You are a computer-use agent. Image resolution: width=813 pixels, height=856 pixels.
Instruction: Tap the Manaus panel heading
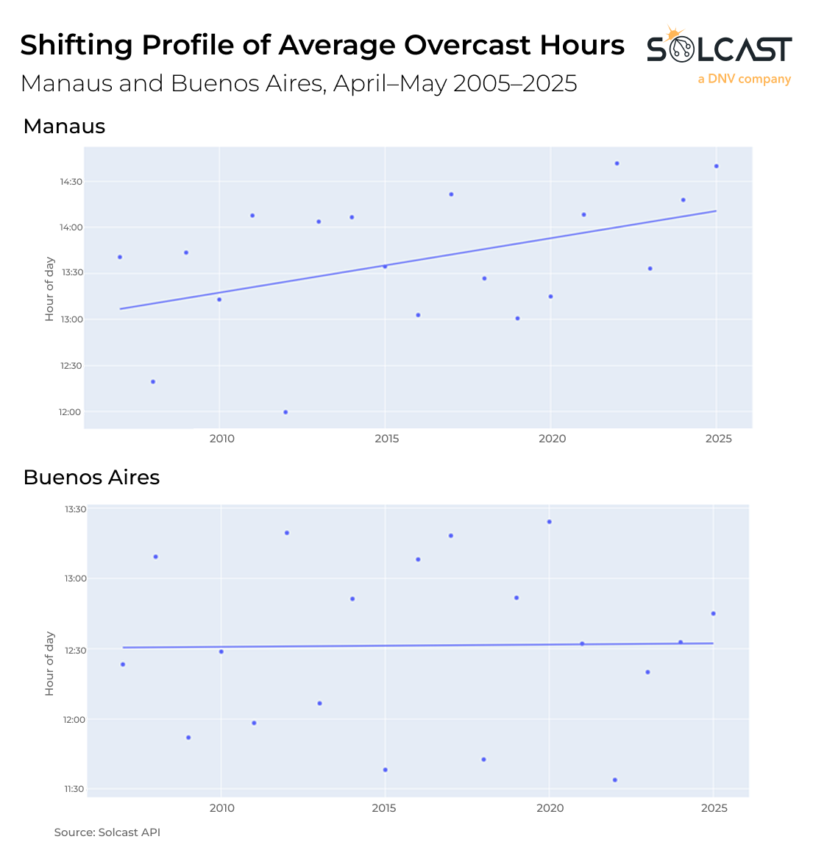point(64,127)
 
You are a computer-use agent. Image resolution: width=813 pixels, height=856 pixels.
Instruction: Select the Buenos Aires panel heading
point(91,478)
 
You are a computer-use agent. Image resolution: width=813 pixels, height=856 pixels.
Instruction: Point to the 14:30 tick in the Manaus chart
point(72,182)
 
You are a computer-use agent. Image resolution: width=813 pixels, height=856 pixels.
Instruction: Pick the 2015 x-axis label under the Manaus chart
point(387,439)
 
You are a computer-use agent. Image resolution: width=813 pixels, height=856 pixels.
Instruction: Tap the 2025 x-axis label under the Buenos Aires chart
point(714,808)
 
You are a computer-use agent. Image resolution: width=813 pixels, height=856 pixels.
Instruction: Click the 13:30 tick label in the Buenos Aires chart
point(75,509)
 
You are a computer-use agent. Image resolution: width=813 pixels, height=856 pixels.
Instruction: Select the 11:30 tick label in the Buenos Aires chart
point(75,789)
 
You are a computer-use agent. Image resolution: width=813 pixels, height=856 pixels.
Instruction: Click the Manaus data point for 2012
point(285,412)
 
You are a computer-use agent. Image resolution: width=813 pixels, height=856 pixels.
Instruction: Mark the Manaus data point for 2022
point(617,163)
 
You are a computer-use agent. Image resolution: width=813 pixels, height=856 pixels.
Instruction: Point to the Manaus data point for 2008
point(153,381)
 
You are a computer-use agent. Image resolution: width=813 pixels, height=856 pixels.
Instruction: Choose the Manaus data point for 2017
point(451,194)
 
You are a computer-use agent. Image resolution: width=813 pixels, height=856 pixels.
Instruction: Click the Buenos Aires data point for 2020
point(549,522)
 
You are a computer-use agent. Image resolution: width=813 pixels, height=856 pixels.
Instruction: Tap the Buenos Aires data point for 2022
point(615,780)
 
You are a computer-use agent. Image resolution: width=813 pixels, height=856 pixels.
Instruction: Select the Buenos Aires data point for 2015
point(385,770)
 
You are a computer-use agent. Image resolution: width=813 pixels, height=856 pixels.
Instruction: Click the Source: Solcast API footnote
point(107,832)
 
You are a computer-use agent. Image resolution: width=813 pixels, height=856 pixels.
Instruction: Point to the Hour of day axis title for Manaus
point(49,289)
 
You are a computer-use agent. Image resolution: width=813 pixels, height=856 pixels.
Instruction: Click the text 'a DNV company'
point(744,79)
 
